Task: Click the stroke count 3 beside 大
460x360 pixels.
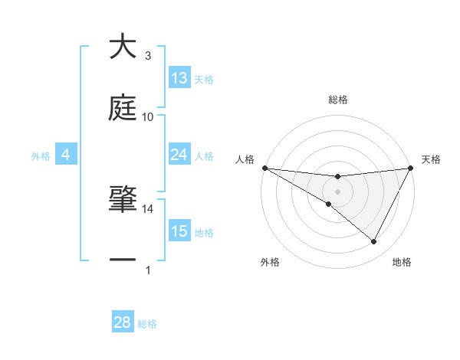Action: pos(148,56)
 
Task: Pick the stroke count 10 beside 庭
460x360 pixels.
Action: pos(148,116)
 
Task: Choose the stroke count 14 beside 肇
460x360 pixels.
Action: pos(148,209)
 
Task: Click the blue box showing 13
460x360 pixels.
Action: pos(179,78)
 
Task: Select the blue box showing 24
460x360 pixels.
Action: pos(179,155)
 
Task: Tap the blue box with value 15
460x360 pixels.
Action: pos(179,231)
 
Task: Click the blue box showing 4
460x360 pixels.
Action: pos(65,155)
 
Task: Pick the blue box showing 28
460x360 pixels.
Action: pos(123,322)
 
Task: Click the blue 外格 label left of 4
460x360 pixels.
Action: pos(41,155)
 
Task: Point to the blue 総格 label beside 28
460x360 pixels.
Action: pos(147,324)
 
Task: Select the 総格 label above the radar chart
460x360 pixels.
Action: pos(337,100)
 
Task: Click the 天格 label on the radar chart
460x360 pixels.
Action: pos(432,159)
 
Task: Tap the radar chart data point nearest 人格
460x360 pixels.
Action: pos(264,167)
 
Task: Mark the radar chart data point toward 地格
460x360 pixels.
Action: pos(374,242)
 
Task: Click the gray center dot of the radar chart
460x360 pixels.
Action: pos(337,191)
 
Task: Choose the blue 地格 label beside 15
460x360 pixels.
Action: pos(204,232)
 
